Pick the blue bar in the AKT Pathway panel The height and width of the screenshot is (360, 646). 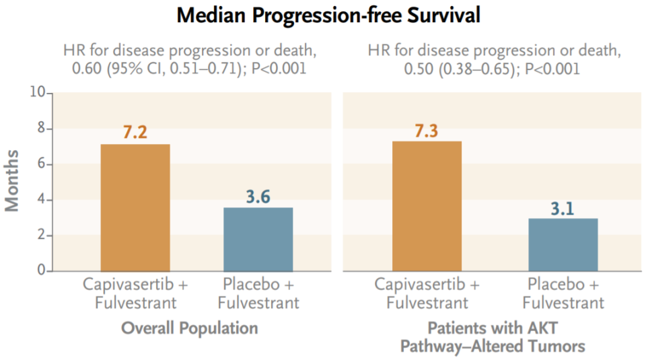click(563, 244)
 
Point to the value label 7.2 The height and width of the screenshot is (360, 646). click(135, 133)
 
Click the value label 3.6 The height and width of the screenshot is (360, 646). click(258, 196)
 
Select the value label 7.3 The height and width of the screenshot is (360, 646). click(427, 130)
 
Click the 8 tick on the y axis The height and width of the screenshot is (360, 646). click(42, 129)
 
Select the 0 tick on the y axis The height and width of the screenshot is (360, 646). click(42, 271)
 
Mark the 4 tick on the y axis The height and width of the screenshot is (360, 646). click(42, 200)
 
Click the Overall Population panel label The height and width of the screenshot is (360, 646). click(190, 328)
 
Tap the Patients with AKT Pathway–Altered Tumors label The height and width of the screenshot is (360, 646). click(493, 337)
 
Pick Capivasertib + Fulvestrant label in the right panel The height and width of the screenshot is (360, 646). click(427, 293)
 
